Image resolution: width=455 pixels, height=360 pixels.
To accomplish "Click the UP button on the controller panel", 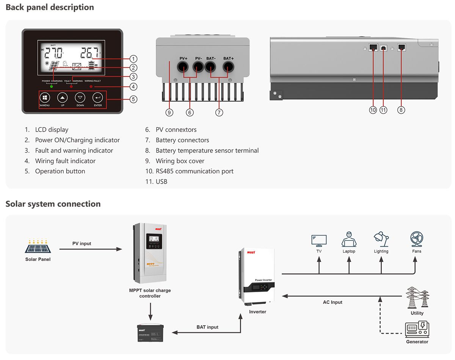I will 63,97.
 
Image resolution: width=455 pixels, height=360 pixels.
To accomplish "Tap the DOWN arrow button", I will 80,97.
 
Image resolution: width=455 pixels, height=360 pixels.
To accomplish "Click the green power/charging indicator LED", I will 52,87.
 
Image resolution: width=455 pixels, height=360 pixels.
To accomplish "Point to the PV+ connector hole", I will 184,67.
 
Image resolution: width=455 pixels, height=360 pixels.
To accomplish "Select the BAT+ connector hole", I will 228,67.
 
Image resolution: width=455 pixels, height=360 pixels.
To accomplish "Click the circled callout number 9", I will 169,112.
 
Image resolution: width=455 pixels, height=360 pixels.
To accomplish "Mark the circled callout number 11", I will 383,110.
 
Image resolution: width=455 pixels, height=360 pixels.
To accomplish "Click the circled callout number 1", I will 133,59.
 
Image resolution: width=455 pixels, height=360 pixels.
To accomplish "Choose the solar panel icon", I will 38,247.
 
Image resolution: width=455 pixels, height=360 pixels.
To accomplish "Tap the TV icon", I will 319,240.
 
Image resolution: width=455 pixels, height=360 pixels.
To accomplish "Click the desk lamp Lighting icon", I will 381,239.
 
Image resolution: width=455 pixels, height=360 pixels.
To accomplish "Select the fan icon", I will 417,239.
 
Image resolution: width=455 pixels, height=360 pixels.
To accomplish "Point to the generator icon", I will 417,329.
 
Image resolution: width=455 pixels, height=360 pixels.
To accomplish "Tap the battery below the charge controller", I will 151,332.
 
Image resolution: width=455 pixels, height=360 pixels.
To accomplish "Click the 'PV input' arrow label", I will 82,244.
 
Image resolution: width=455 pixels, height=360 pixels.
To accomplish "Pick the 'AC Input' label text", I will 333,302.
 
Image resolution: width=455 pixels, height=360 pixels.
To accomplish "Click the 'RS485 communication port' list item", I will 194,171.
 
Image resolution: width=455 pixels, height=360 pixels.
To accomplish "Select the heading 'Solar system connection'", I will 53,204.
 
